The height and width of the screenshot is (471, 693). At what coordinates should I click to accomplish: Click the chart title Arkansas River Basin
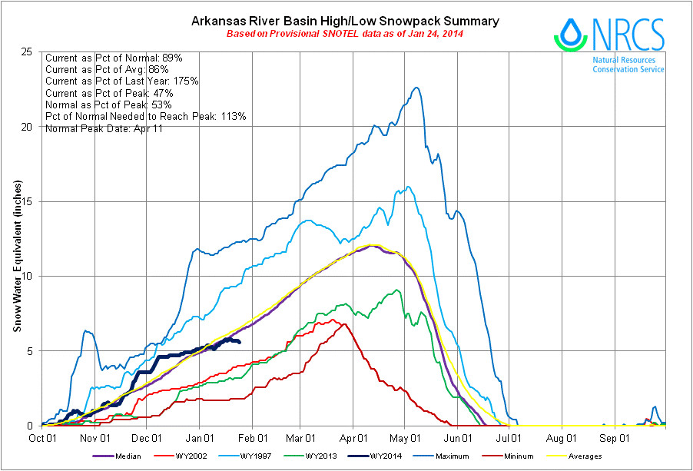point(345,21)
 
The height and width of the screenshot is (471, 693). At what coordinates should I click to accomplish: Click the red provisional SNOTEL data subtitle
point(345,35)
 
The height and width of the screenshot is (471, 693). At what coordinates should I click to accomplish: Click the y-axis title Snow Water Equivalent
point(17,257)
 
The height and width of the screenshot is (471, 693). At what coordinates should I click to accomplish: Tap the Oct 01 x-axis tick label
point(42,438)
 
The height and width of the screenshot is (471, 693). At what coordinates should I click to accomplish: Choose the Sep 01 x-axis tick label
point(615,438)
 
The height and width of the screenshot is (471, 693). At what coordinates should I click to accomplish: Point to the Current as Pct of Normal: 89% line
point(114,58)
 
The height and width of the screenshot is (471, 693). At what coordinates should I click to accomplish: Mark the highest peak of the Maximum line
point(416,88)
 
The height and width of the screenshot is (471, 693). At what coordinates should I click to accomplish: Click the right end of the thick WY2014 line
point(240,342)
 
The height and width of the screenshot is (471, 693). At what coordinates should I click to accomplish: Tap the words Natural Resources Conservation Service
point(628,65)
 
